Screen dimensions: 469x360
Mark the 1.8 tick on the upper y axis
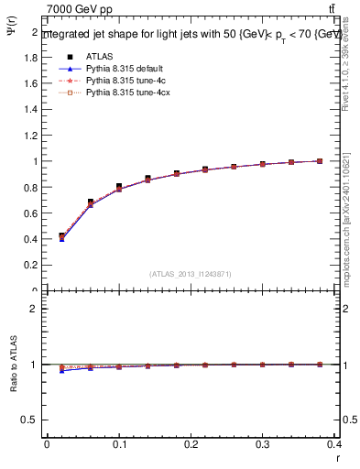[x=31, y=57]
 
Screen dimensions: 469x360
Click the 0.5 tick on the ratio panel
[x=31, y=420]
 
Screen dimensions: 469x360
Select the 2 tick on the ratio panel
[x=35, y=309]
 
